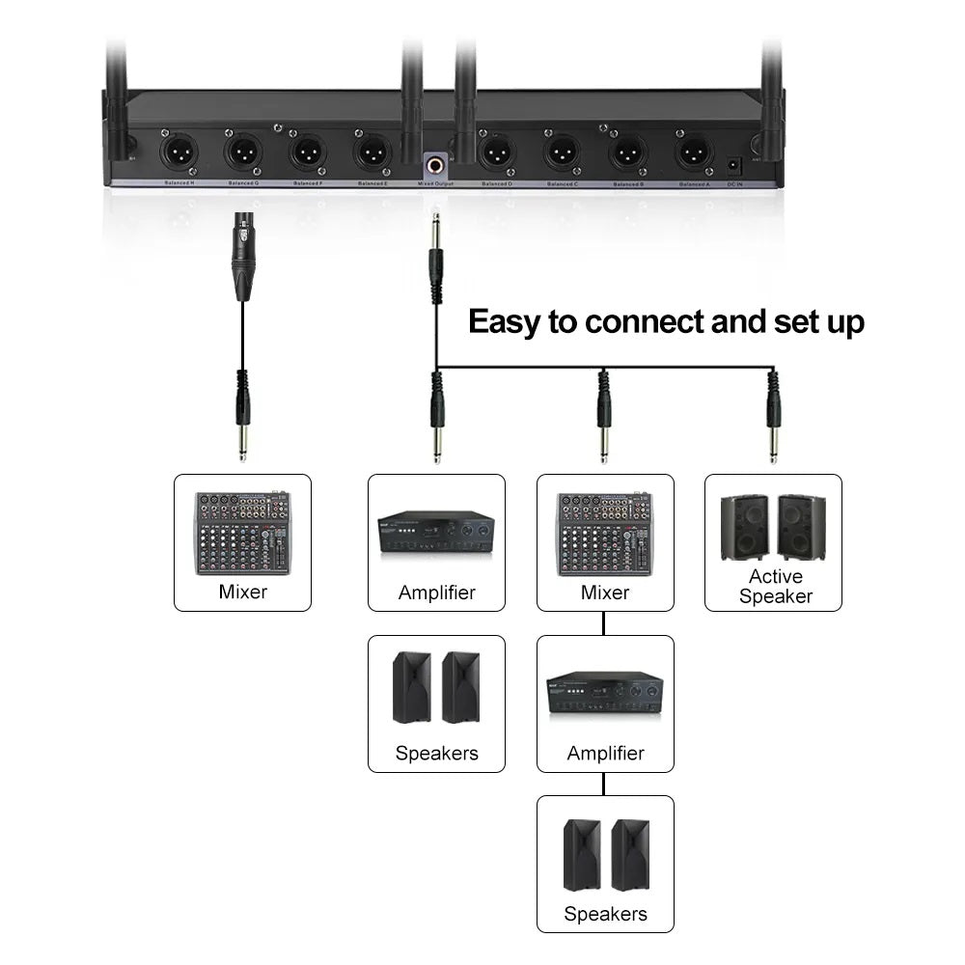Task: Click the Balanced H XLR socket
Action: (179, 152)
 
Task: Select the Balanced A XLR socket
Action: (693, 152)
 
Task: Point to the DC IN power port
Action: (734, 163)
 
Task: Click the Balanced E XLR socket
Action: (372, 152)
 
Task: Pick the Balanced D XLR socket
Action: (496, 152)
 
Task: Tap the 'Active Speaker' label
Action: (775, 587)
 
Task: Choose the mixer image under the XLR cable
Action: (242, 533)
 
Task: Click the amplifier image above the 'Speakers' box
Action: (436, 532)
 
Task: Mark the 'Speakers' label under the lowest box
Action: (605, 913)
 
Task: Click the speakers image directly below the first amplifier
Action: (436, 688)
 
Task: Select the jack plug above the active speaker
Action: (772, 415)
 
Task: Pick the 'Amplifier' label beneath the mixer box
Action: (605, 753)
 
